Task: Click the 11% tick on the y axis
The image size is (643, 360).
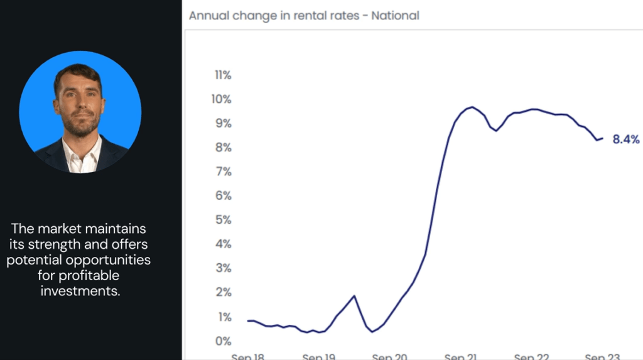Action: [223, 75]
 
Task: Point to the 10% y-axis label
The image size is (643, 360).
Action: [221, 99]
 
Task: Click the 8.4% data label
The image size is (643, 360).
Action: [626, 139]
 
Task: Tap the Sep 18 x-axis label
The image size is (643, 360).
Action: [248, 356]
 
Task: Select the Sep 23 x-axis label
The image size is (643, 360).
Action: [603, 356]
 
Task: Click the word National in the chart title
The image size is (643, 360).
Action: [395, 15]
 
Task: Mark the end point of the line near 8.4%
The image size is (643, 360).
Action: [602, 138]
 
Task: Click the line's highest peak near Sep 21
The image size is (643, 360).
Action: [472, 107]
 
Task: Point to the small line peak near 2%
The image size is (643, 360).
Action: [354, 296]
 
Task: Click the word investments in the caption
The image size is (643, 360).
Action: [80, 292]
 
